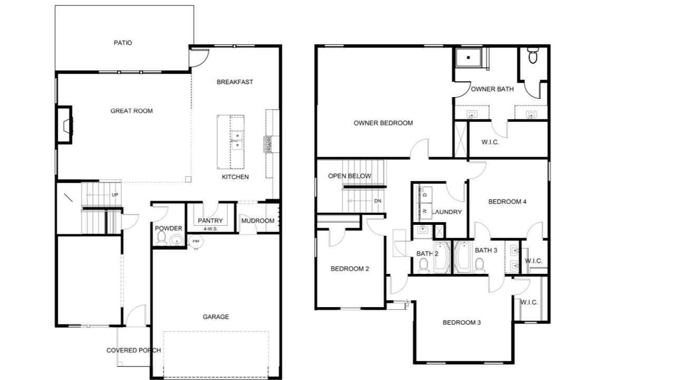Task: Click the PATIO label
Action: tap(123, 43)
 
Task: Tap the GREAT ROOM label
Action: tap(131, 111)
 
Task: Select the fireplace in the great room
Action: tap(64, 125)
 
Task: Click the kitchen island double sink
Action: tap(237, 140)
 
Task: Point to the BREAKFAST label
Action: tap(235, 82)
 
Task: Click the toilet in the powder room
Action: tap(161, 238)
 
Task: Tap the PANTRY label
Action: tap(210, 221)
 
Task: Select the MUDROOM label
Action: tap(258, 221)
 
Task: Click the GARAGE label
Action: tap(216, 317)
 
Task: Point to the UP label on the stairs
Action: tap(115, 195)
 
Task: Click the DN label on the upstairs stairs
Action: tap(378, 201)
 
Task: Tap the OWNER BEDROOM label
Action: tap(383, 123)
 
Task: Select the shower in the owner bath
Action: tap(469, 58)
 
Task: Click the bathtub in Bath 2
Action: tap(442, 257)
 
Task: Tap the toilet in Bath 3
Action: tap(479, 265)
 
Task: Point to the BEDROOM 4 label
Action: tap(507, 202)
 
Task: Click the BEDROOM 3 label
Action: tap(461, 322)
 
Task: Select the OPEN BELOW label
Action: tap(349, 176)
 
